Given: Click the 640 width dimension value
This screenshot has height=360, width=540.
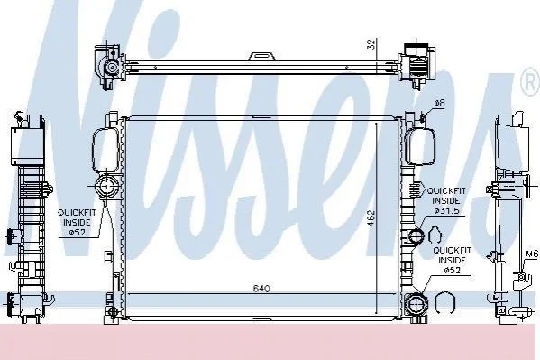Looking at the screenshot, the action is (261, 289).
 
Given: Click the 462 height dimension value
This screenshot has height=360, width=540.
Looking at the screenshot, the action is (371, 217).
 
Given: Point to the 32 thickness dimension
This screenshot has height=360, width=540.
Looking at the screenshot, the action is (371, 44).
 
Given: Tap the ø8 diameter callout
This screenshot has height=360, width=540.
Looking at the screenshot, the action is (439, 103).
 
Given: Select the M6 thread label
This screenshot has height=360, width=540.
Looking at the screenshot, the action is (532, 254).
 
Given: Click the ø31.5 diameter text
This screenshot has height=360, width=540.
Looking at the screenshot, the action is (446, 211).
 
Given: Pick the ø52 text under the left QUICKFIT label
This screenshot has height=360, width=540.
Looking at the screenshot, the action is (77, 233).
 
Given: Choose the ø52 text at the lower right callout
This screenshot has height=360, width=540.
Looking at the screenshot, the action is (452, 271).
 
